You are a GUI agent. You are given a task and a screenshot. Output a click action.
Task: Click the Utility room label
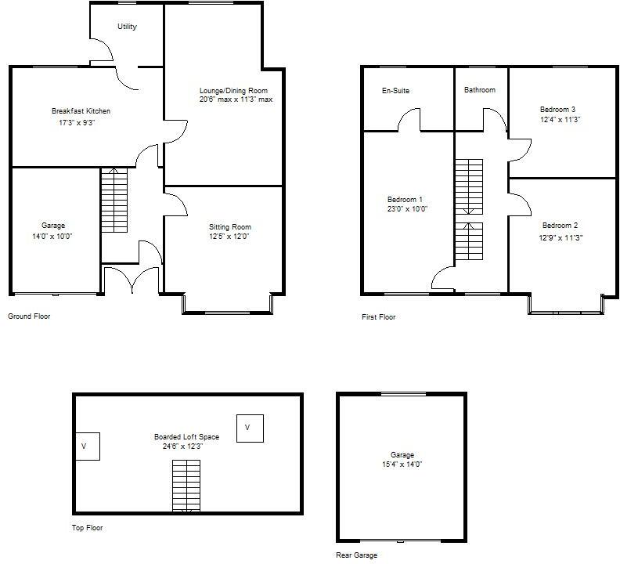pyautogui.click(x=127, y=27)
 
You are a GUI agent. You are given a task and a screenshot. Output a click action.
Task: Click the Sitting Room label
pyautogui.click(x=230, y=227)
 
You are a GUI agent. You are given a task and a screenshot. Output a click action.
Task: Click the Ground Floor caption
pyautogui.click(x=29, y=316)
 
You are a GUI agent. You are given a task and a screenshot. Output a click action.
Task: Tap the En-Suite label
pyautogui.click(x=395, y=91)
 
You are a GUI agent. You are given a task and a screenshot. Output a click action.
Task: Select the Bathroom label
pyautogui.click(x=479, y=90)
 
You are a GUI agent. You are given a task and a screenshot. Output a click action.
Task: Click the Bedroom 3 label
pyautogui.click(x=558, y=109)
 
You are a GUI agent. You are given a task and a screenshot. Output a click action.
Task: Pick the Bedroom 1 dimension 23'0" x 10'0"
pyautogui.click(x=407, y=209)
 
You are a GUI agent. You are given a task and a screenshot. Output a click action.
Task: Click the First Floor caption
pyautogui.click(x=378, y=317)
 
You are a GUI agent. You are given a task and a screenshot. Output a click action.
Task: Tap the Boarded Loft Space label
pyautogui.click(x=186, y=437)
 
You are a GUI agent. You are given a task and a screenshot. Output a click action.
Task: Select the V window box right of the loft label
pyautogui.click(x=248, y=428)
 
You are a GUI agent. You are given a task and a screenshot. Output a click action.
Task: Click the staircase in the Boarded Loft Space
pyautogui.click(x=186, y=486)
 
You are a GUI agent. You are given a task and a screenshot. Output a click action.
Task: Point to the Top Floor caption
pyautogui.click(x=87, y=528)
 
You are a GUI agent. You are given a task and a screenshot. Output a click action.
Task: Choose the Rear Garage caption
pyautogui.click(x=356, y=555)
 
